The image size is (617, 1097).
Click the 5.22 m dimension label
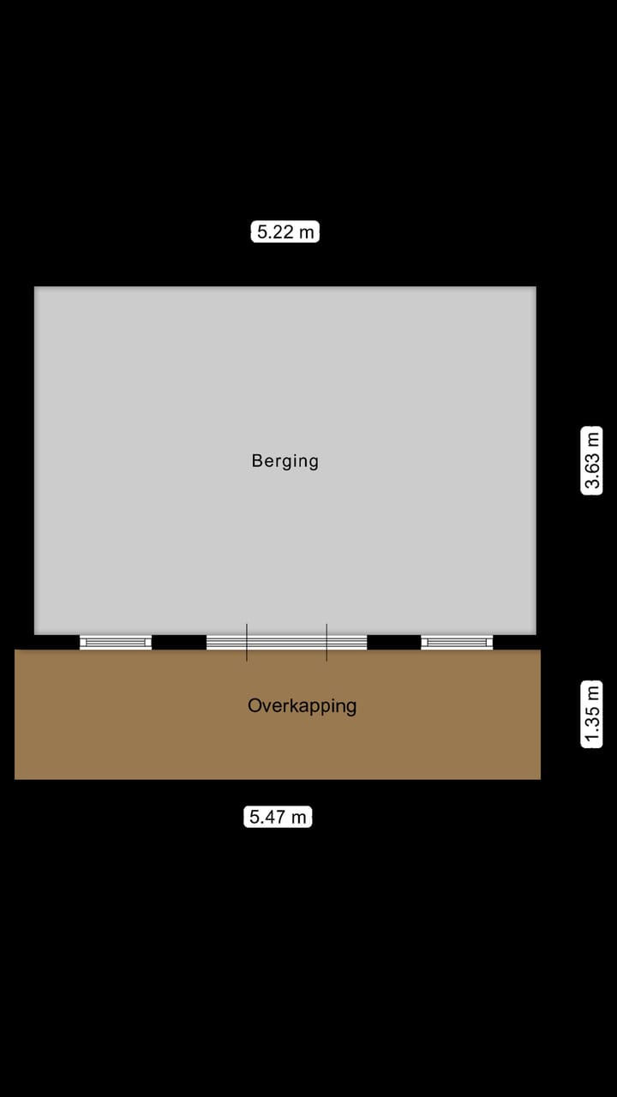285,231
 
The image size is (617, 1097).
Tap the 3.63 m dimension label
592,460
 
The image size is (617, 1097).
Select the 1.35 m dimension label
592,714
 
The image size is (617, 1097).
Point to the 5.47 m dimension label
278,817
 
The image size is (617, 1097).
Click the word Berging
285,461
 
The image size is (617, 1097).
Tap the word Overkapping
302,706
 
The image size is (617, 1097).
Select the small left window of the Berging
116,642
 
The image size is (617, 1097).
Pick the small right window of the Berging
457,642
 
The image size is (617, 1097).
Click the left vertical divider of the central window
247,642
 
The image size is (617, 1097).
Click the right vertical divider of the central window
326,642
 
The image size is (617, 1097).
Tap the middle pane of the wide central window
286,642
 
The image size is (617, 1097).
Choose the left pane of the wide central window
226,642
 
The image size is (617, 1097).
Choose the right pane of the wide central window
347,642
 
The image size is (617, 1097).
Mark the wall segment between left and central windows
179,642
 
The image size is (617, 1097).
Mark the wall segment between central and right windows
393,642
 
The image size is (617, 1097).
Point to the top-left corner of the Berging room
35,288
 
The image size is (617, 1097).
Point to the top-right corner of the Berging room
535,288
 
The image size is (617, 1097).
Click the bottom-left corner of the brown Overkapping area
16,777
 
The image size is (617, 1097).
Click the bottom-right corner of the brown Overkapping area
539,777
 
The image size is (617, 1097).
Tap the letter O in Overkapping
255,706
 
